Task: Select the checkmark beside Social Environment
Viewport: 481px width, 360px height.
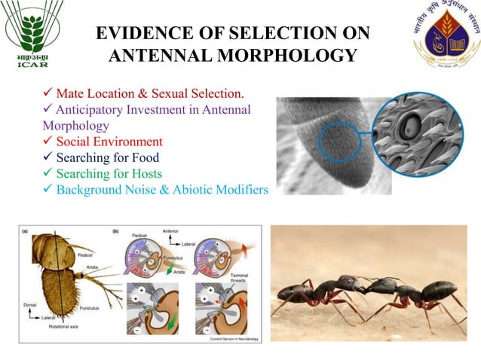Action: coord(47,142)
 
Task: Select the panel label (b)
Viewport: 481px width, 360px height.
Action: coord(115,232)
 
